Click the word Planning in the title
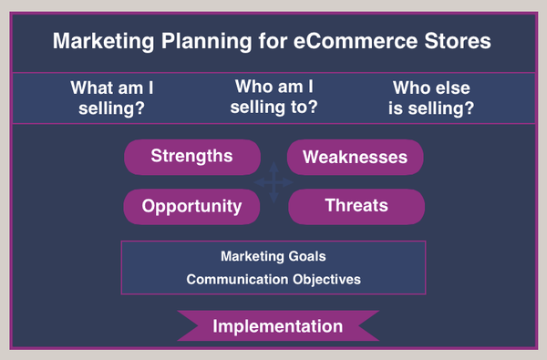[x=205, y=43]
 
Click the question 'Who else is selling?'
[x=432, y=98]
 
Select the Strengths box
[x=191, y=156]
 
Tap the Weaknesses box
[x=355, y=157]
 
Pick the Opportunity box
[x=191, y=206]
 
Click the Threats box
[x=356, y=206]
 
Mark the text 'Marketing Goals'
[x=273, y=257]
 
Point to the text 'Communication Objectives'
[x=273, y=279]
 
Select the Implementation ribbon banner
[x=277, y=326]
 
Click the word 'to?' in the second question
[x=302, y=108]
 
